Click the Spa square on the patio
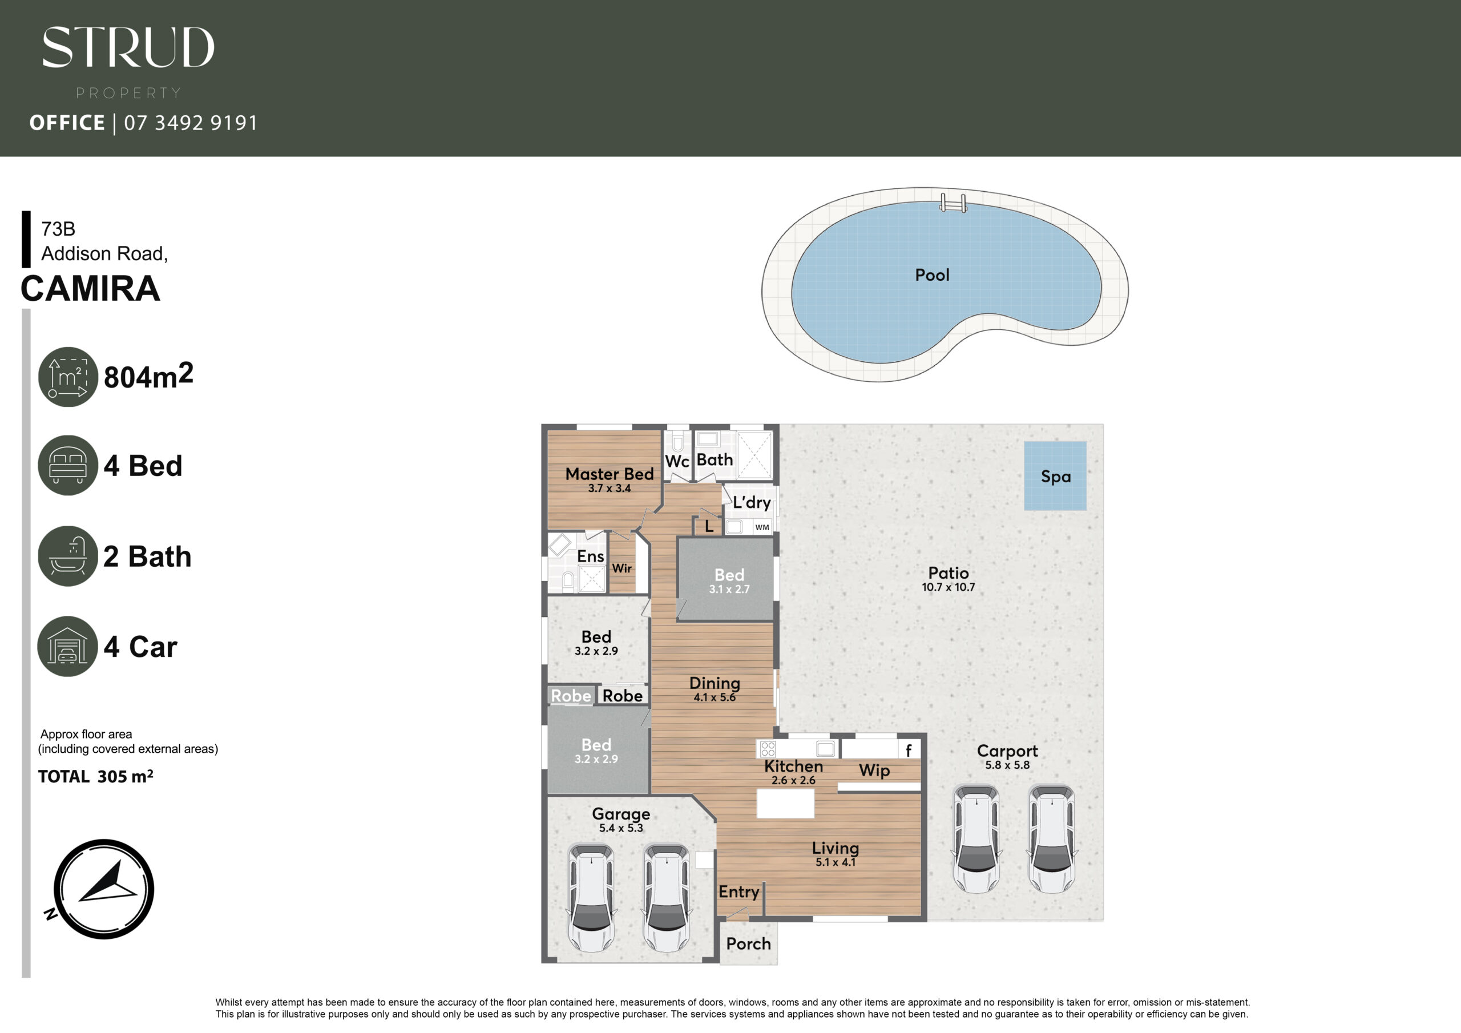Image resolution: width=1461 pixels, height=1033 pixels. [1055, 475]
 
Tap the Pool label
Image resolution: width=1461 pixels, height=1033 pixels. [932, 275]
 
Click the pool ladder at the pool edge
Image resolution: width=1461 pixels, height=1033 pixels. [953, 203]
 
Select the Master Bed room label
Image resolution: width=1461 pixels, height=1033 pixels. [610, 474]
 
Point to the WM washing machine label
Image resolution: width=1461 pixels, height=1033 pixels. [762, 527]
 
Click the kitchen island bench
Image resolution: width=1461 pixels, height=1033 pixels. [785, 803]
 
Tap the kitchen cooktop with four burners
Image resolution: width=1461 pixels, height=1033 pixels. [768, 748]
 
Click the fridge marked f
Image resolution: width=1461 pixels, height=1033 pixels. [909, 750]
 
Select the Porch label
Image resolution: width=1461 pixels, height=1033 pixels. [748, 944]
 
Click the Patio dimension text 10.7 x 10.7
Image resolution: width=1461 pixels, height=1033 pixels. [948, 587]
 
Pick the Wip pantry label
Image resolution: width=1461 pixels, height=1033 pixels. [874, 771]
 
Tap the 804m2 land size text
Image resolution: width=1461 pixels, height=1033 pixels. [148, 376]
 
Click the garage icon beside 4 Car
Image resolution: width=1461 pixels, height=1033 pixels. [67, 646]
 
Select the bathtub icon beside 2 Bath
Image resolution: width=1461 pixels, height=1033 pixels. [67, 556]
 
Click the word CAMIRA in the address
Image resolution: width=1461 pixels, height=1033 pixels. [90, 288]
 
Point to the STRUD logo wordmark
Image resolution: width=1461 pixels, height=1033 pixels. [128, 47]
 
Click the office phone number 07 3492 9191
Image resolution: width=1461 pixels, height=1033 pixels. [191, 122]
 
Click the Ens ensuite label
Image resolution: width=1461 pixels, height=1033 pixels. [591, 556]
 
